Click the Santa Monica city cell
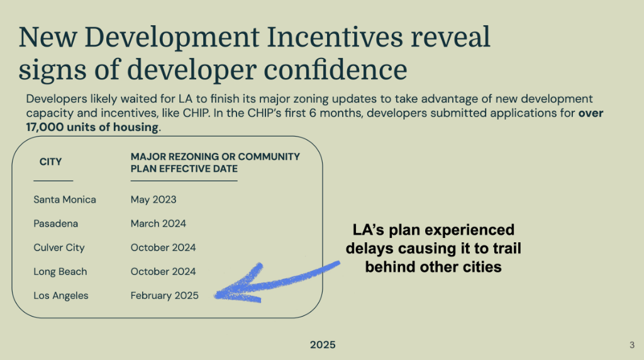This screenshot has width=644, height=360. coord(65,200)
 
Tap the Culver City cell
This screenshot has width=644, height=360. coord(58,247)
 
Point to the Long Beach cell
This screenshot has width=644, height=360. coord(60,271)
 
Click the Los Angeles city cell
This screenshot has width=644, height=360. coord(61,295)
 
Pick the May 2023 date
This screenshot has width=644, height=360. coord(153,200)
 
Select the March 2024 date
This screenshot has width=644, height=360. coord(158,223)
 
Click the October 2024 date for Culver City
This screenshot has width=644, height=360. coord(163,247)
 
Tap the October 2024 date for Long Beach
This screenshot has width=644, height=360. coord(163,271)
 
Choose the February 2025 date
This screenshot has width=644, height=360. coord(164,295)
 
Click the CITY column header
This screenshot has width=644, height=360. coord(50,162)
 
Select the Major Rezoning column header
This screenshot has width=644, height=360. coord(215,162)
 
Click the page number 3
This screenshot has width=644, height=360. coord(631,345)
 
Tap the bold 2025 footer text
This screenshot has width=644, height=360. coord(323,345)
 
